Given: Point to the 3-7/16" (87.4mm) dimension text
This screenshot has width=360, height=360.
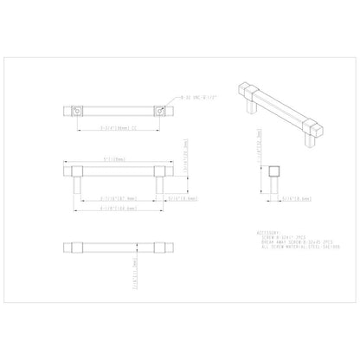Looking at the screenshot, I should (117, 197).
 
